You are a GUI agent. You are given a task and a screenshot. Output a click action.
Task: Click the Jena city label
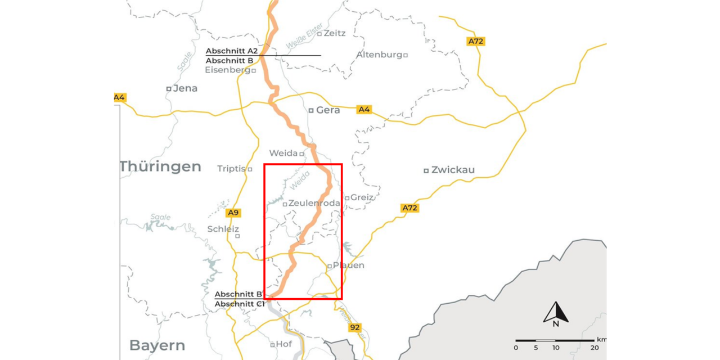[185, 88]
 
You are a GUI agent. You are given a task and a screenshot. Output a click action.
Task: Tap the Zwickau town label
[453, 170]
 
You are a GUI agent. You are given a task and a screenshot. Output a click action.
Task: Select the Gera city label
[328, 110]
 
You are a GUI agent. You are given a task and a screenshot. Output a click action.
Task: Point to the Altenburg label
[379, 55]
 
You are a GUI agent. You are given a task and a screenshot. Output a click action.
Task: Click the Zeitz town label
[335, 33]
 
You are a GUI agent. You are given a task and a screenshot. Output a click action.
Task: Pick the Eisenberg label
[227, 70]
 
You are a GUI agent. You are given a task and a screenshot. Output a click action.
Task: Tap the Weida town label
[283, 153]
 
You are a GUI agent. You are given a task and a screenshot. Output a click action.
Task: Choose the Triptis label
[231, 169]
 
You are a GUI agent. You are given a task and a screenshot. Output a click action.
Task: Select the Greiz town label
[362, 197]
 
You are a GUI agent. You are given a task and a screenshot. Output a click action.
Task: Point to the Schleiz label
[223, 229]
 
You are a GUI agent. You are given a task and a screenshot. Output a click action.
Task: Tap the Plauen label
[349, 265]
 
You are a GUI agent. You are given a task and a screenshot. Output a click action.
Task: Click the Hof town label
[283, 344]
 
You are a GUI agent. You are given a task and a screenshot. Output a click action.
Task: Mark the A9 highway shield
[233, 213]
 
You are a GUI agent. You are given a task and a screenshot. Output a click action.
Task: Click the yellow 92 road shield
[354, 327]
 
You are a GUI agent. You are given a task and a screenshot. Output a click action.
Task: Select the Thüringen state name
[160, 166]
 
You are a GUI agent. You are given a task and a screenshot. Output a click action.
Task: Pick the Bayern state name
[157, 345]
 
